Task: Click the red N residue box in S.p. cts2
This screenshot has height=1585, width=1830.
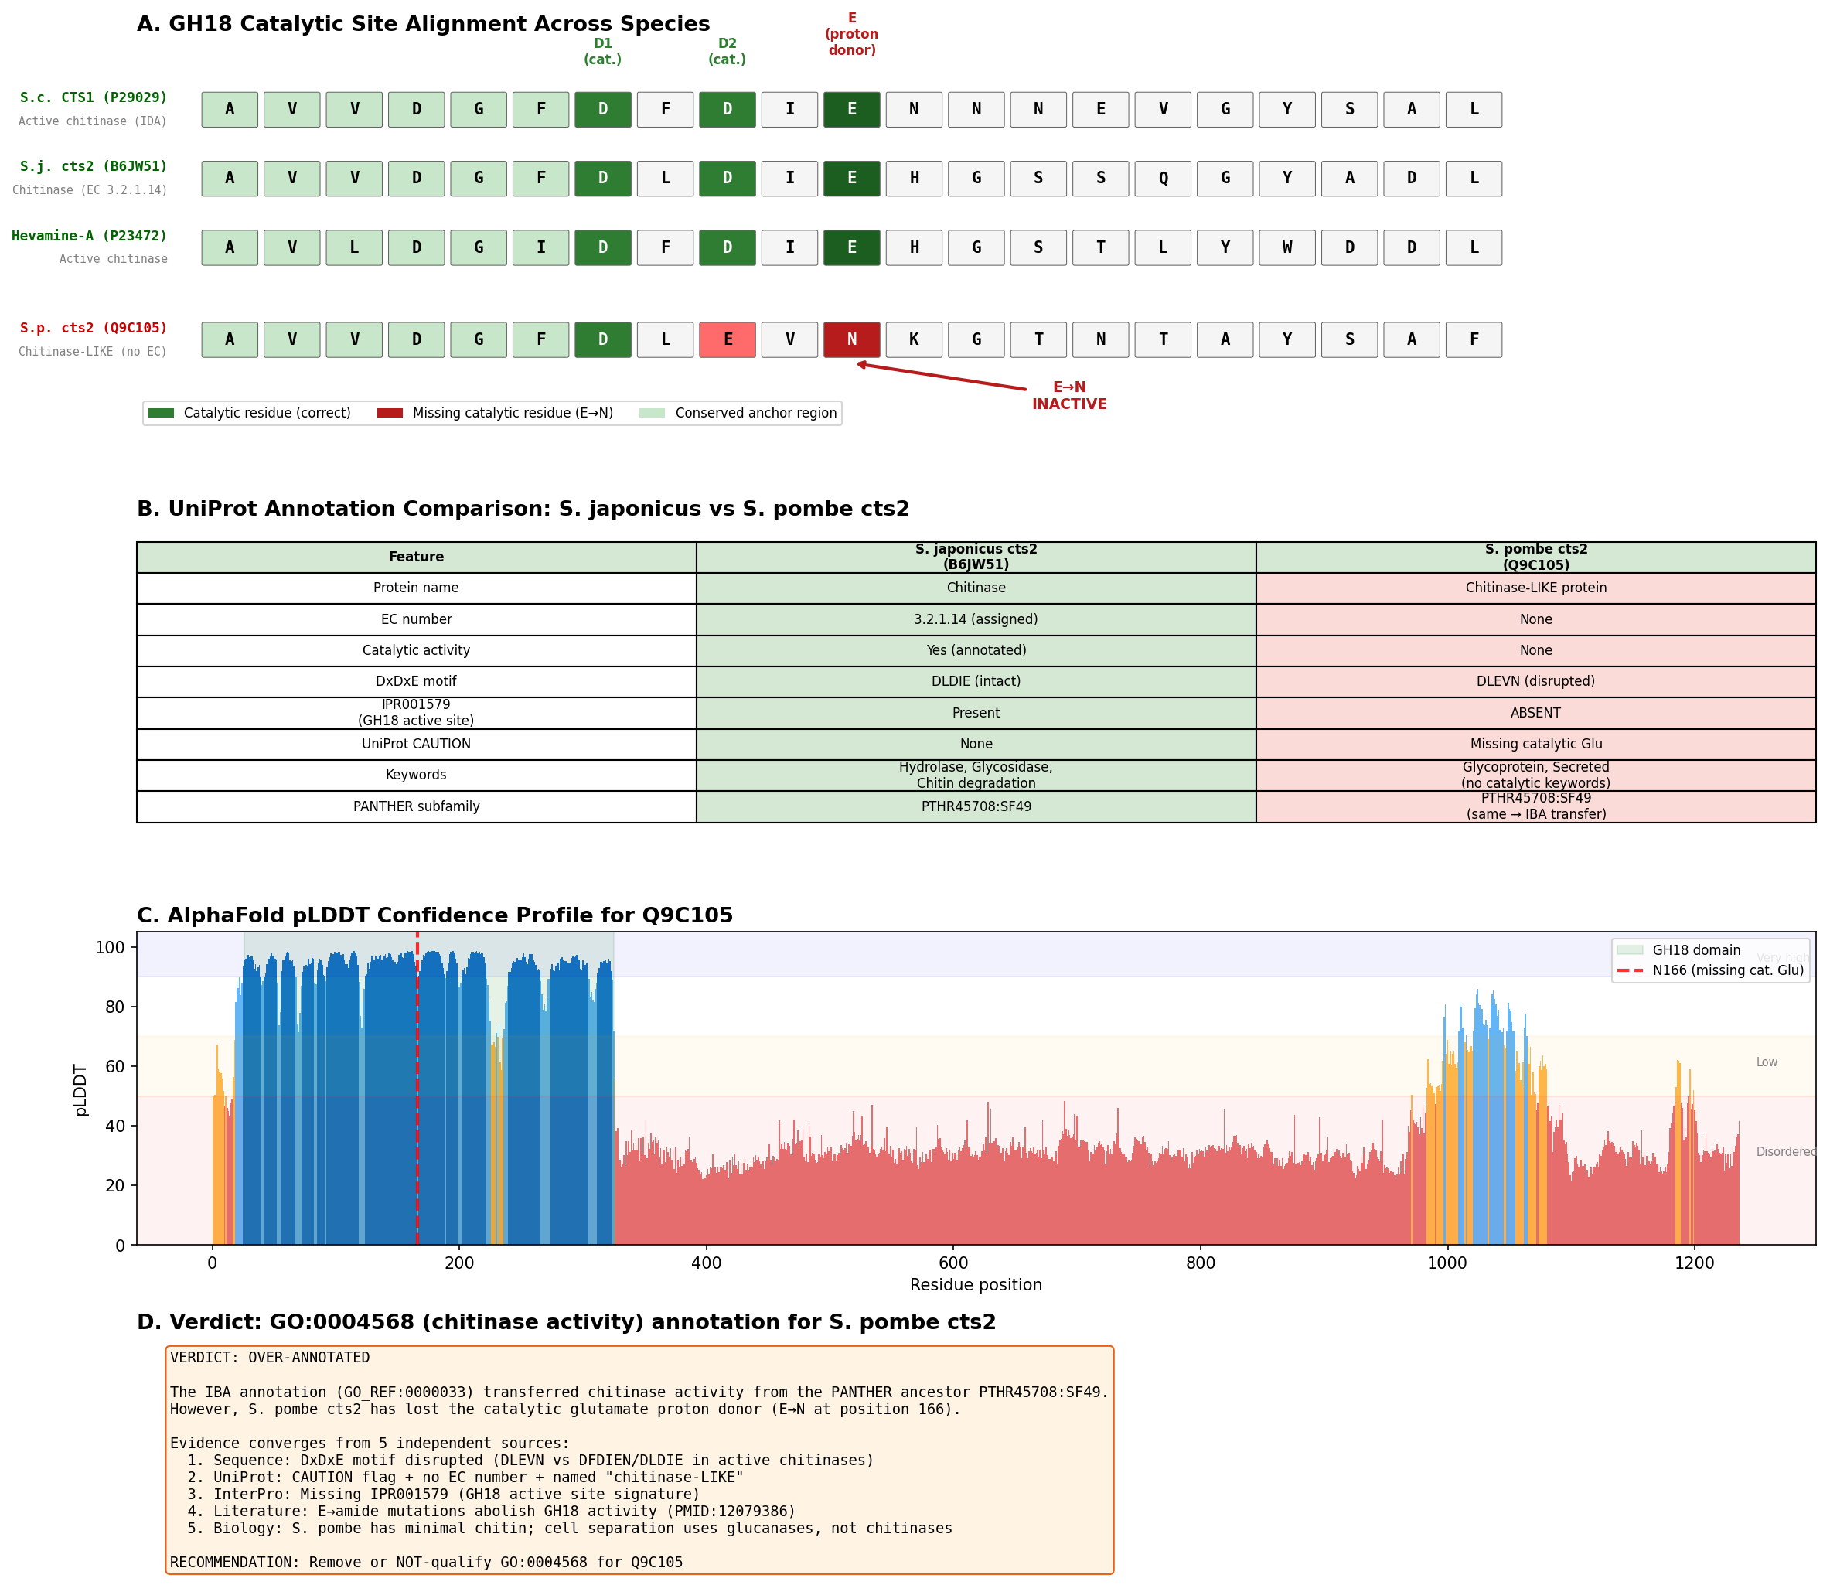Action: [x=851, y=339]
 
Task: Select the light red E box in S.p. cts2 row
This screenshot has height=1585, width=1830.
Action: [x=727, y=339]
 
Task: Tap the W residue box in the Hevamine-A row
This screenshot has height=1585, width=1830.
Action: [x=1287, y=247]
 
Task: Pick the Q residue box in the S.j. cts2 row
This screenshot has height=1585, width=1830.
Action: [x=1162, y=179]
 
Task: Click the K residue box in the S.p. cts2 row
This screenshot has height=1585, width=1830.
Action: [x=914, y=339]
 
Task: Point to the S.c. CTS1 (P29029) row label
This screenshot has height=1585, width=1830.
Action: [x=94, y=97]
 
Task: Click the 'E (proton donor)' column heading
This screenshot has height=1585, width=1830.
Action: [x=852, y=35]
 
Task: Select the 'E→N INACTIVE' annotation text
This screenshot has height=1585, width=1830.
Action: [x=1069, y=395]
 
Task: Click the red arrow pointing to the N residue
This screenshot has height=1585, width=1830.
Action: [x=941, y=376]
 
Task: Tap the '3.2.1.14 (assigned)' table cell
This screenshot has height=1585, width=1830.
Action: [x=976, y=619]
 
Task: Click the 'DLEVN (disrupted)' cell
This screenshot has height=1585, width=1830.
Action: [x=1535, y=681]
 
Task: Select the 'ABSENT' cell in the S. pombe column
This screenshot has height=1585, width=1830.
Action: [x=1535, y=713]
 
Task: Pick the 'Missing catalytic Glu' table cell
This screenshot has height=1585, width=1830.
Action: [x=1535, y=744]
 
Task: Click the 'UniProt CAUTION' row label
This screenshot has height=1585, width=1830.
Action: [x=416, y=744]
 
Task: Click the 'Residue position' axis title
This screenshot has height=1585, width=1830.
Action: [x=976, y=1285]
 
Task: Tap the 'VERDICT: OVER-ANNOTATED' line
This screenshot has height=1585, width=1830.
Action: [x=270, y=1358]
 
